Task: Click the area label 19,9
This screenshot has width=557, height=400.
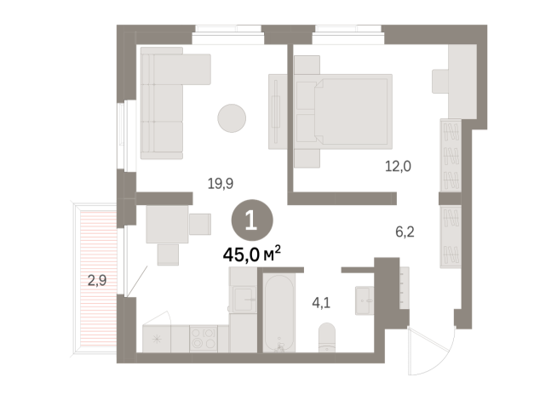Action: pos(221,181)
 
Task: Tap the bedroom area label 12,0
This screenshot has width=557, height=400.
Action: pos(398,167)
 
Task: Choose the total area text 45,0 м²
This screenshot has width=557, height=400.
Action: pos(252,253)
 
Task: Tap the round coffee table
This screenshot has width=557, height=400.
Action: pos(233,117)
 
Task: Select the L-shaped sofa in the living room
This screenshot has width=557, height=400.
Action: pos(166,102)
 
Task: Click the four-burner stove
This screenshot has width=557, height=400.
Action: pos(204,339)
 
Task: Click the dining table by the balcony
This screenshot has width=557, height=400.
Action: pos(167,223)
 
